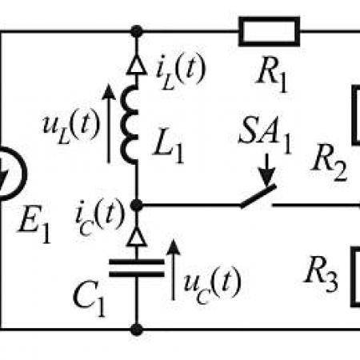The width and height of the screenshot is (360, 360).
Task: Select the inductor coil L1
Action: (128, 124)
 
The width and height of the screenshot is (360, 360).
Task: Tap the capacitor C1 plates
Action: (137, 268)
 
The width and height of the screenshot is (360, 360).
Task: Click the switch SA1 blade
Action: (258, 196)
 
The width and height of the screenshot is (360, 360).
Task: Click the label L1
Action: (169, 146)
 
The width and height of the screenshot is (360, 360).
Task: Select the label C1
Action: (89, 299)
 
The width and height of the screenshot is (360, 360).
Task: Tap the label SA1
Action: (266, 135)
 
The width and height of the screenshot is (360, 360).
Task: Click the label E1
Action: (34, 224)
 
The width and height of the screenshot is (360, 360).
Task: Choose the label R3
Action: (321, 274)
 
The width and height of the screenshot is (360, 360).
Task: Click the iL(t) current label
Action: (181, 70)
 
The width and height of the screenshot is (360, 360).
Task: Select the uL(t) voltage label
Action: (71, 126)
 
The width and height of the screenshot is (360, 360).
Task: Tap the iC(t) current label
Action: (100, 217)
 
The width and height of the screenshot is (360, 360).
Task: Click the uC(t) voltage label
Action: (212, 285)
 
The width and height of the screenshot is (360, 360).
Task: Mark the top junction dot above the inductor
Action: (137, 31)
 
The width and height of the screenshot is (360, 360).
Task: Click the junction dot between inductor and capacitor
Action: (137, 205)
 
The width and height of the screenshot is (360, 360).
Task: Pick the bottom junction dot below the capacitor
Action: (137, 330)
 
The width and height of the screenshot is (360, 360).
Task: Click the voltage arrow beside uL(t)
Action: (109, 123)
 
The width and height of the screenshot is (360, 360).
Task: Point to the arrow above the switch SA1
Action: (266, 170)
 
